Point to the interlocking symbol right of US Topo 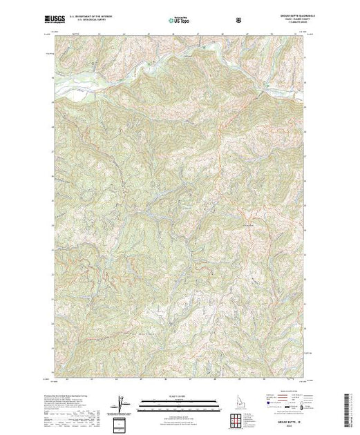(x=239, y=21)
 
